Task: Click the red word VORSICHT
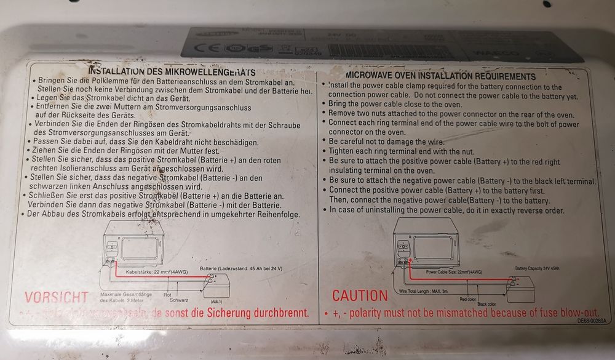pos(56,297)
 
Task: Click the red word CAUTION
pos(360,295)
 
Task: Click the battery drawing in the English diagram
pos(520,288)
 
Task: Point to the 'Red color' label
pos(469,299)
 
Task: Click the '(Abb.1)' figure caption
pos(216,300)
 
